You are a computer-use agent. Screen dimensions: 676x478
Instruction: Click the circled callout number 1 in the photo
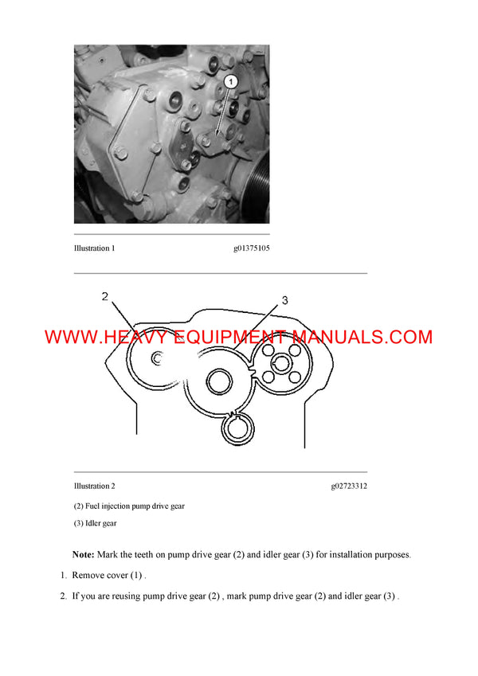pyautogui.click(x=230, y=81)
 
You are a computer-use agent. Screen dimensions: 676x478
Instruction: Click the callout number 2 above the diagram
pyautogui.click(x=105, y=297)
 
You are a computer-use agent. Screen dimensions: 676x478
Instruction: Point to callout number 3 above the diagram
pyautogui.click(x=285, y=300)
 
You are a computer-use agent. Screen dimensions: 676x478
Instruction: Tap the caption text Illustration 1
pyautogui.click(x=95, y=248)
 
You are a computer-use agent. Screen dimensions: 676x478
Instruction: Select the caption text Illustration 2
pyautogui.click(x=95, y=486)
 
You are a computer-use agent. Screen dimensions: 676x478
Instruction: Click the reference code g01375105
pyautogui.click(x=251, y=248)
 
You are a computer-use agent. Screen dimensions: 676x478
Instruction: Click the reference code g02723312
pyautogui.click(x=349, y=486)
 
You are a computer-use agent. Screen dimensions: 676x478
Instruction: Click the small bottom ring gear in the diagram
pyautogui.click(x=237, y=431)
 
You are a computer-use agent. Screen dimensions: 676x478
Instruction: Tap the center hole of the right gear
pyautogui.click(x=280, y=363)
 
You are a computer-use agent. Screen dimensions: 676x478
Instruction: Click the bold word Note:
pyautogui.click(x=83, y=554)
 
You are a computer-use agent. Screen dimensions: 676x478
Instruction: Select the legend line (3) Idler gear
pyautogui.click(x=95, y=523)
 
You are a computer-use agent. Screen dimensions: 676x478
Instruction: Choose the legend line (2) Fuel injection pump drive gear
pyautogui.click(x=129, y=506)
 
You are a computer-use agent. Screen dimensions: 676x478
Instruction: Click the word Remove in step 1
pyautogui.click(x=88, y=575)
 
